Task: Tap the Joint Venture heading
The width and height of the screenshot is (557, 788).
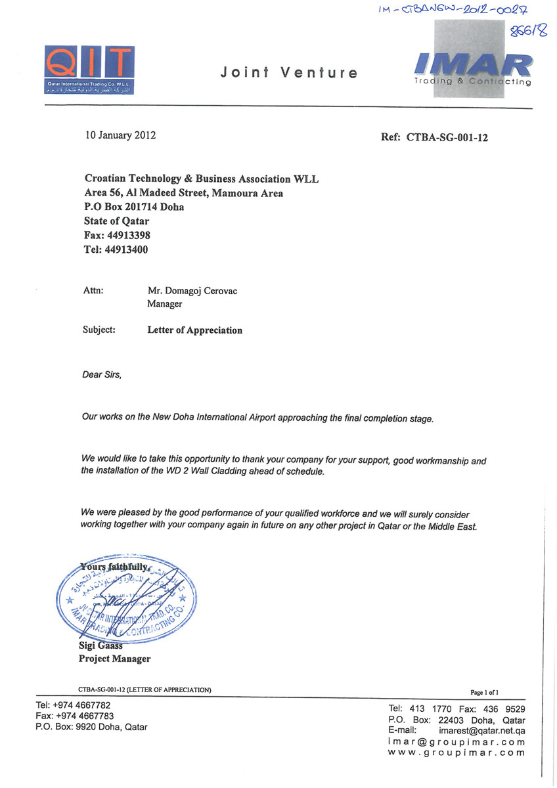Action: (289, 73)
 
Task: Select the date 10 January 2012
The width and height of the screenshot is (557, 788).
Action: (120, 136)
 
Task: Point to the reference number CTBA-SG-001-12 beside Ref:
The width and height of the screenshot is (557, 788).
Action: (447, 138)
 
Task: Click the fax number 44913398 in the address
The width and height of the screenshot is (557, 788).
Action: (127, 235)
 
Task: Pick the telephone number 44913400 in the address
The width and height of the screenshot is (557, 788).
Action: (125, 250)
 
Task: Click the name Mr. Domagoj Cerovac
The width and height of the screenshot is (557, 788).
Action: (192, 291)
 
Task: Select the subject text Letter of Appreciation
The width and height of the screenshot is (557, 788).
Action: (194, 330)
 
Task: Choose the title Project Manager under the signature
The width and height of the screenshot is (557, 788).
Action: (114, 659)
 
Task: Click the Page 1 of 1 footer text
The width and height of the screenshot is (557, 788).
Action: (485, 692)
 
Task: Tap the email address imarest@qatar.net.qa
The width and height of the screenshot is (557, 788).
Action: (481, 730)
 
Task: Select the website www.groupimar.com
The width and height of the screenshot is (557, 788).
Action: (457, 753)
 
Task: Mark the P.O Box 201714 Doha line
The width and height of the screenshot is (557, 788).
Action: (134, 207)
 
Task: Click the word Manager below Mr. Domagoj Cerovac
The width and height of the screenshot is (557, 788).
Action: (164, 304)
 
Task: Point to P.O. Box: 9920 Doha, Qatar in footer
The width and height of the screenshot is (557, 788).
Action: (91, 727)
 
